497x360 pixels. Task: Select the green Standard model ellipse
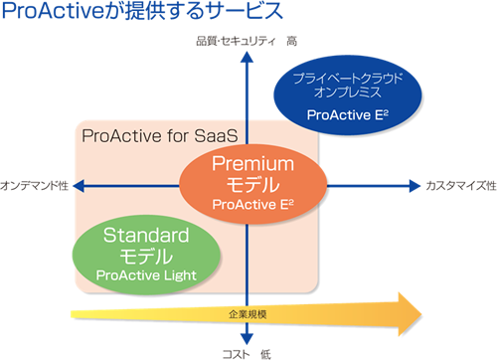click(144, 253)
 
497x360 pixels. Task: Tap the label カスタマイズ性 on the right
click(459, 186)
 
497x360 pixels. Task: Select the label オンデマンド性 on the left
click(34, 186)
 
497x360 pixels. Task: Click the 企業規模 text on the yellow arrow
click(247, 315)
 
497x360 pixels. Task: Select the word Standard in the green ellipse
click(146, 236)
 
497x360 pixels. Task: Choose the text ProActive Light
click(146, 273)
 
